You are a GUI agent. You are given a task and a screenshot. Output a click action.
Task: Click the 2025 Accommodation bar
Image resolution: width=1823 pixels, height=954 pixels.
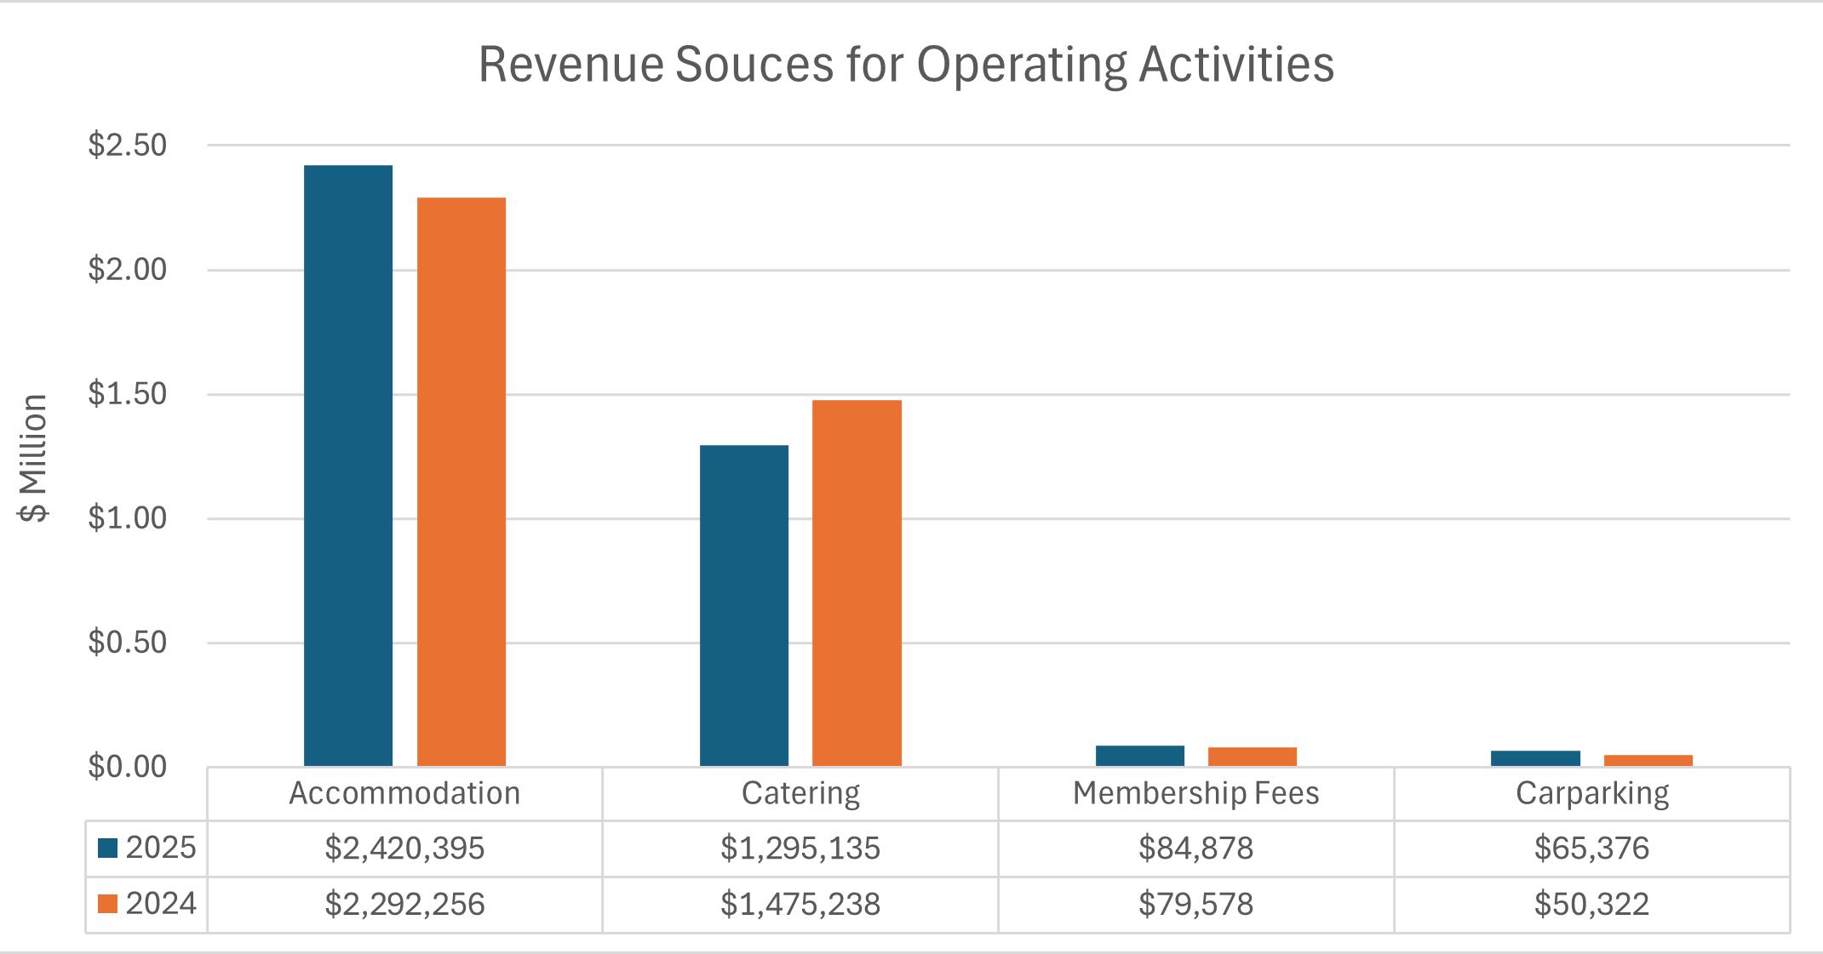click(348, 466)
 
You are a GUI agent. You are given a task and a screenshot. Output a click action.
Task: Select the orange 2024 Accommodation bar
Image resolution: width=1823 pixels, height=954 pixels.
click(461, 482)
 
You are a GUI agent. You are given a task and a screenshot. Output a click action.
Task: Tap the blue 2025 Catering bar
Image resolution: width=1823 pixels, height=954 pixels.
click(744, 606)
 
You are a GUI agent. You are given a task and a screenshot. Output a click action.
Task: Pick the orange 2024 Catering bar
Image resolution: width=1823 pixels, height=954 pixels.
click(857, 583)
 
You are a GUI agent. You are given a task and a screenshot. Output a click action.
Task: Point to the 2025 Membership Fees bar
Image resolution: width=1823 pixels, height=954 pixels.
click(1140, 756)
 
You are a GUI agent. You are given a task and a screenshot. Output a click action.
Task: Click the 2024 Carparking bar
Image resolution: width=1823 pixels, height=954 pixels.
click(1648, 761)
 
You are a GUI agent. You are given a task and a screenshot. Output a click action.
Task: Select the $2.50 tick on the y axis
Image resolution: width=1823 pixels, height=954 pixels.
click(128, 146)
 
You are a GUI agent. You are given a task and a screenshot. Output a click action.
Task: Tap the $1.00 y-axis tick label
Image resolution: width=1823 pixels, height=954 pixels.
click(128, 518)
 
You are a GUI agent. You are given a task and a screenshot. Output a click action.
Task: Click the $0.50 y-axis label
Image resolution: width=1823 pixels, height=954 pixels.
click(128, 643)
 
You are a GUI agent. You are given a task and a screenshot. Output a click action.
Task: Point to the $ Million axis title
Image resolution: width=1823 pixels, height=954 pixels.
click(34, 458)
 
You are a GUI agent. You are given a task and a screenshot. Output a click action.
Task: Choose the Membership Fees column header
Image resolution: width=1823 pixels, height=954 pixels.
click(1195, 793)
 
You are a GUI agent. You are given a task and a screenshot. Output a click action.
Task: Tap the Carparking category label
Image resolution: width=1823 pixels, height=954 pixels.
click(1592, 794)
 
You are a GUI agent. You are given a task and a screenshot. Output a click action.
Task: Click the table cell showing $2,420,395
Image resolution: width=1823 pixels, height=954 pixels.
click(404, 848)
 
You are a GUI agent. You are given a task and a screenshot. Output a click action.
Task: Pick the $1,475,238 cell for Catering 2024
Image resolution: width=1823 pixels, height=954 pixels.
click(800, 904)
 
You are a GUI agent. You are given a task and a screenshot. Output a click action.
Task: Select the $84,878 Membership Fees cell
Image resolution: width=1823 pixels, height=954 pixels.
click(1196, 848)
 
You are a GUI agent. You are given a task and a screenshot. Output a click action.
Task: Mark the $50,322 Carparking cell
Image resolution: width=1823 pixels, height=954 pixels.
click(1592, 904)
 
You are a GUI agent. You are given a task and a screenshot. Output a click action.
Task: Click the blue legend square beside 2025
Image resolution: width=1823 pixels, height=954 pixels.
click(107, 848)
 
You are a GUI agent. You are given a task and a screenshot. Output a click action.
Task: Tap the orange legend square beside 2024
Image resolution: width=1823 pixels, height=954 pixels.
click(107, 904)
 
